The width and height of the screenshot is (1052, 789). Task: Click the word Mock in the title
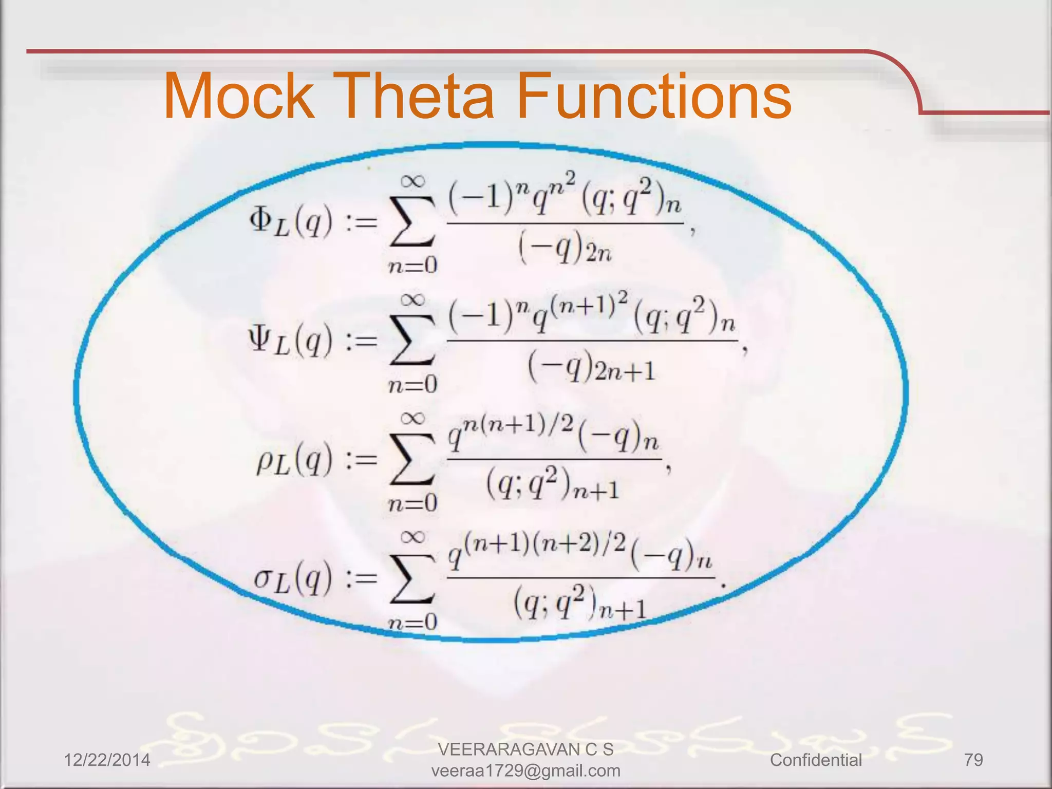click(239, 96)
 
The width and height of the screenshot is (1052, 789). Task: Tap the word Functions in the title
click(653, 96)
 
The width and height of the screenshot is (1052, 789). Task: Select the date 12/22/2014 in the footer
click(107, 760)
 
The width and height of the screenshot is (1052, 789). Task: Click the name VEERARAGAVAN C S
click(525, 749)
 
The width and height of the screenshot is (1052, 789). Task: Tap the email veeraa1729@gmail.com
click(525, 771)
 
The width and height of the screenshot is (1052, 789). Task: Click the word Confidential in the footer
click(816, 760)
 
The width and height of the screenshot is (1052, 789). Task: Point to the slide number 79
click(973, 760)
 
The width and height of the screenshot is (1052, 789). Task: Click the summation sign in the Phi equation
click(412, 222)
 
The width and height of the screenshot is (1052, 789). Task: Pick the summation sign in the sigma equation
click(412, 579)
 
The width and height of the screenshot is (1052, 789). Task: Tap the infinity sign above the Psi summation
click(413, 299)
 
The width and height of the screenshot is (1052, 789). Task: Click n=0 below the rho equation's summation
click(412, 503)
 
